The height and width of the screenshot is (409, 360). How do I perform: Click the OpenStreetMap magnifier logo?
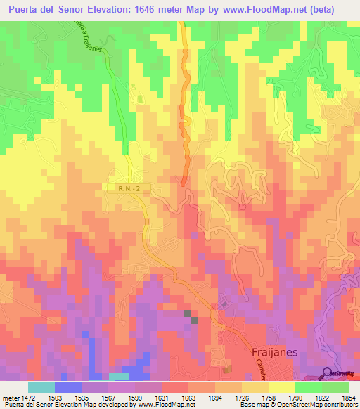pyautogui.click(x=327, y=373)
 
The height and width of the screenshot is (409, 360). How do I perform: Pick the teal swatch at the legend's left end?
pyautogui.click(x=41, y=387)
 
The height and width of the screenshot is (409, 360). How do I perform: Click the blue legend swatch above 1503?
pyautogui.click(x=68, y=387)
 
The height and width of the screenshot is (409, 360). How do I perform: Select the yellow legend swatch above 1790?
pyautogui.click(x=281, y=387)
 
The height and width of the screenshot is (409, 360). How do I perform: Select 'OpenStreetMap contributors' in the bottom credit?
pyautogui.click(x=310, y=405)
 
